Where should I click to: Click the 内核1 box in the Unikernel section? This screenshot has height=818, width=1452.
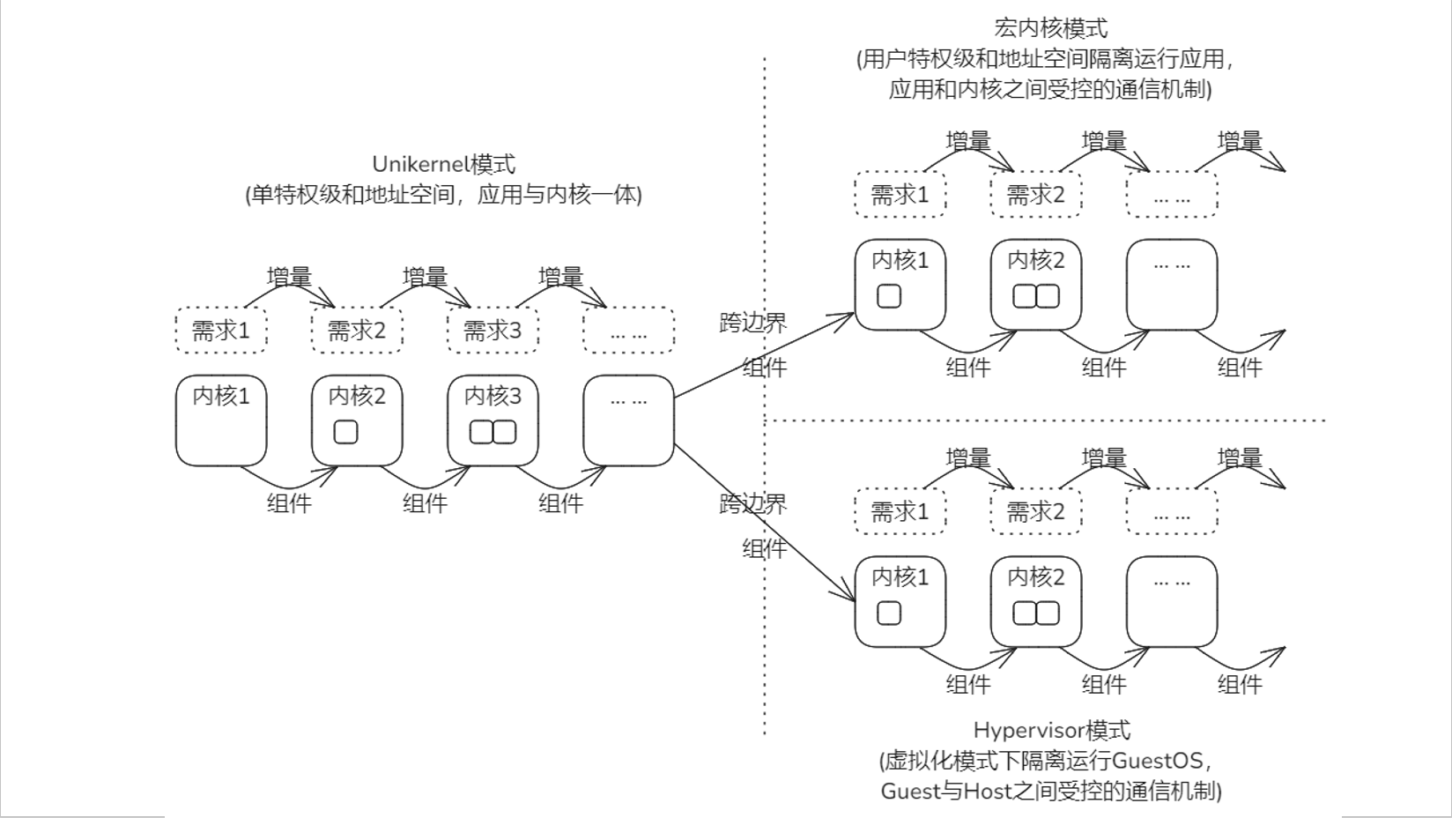pos(221,420)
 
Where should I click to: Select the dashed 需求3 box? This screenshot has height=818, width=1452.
pos(493,331)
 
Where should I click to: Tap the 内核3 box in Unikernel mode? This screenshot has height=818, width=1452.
pos(493,420)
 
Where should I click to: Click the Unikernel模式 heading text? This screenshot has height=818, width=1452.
pos(443,165)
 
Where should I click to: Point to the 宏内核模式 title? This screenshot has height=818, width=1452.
pos(1049,29)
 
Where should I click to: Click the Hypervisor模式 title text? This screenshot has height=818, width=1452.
pos(1051,730)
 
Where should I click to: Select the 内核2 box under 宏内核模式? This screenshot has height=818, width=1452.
pos(1036,285)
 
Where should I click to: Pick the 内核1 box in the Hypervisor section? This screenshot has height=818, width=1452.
pos(900,601)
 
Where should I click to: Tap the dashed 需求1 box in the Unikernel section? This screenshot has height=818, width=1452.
pos(221,331)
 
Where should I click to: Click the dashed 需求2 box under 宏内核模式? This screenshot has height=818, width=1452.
pos(1036,195)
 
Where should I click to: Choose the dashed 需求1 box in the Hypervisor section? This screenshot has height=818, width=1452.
pos(900,511)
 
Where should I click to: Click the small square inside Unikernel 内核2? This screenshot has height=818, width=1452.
pos(346,433)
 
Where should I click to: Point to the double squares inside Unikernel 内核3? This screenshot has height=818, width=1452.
pos(493,433)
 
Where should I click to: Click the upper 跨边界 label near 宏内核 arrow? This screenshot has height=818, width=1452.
pos(752,323)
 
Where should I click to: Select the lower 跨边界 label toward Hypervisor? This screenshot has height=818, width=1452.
pos(752,504)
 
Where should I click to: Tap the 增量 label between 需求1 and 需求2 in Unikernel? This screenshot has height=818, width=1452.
pos(289,277)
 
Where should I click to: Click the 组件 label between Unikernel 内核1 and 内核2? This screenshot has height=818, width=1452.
pos(289,503)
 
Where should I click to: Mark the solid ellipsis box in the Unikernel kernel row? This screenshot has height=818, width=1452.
pos(629,420)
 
